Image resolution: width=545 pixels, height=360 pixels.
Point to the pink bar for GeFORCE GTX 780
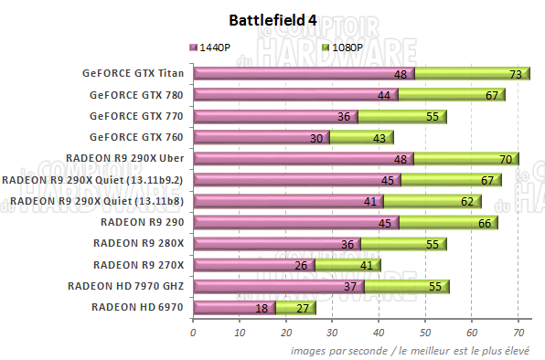coord(294,95)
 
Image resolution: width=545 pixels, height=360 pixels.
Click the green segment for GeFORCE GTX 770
coord(401,116)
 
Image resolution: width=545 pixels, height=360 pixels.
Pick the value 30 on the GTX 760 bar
coord(316,138)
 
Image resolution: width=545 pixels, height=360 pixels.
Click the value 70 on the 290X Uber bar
coord(506,159)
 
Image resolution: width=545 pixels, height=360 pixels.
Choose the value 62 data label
coord(468,201)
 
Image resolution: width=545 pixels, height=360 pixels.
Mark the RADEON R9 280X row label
coord(138,243)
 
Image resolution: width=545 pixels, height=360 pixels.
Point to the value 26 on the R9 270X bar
coord(301,265)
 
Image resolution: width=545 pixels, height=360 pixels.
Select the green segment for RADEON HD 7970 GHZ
coord(406,286)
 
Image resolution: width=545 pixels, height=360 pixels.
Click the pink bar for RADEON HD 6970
coord(233,307)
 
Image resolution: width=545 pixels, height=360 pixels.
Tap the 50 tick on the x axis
coord(425,334)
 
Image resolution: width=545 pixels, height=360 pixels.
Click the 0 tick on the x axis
coord(193,334)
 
